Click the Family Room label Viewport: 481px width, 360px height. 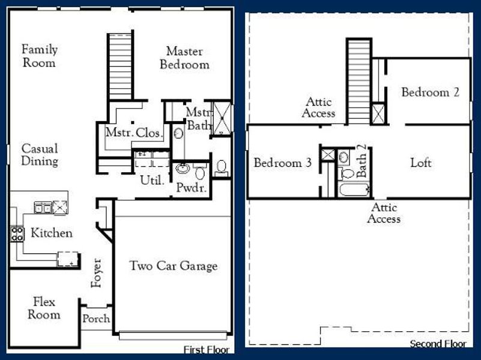[39, 56]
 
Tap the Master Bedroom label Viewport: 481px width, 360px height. [184, 58]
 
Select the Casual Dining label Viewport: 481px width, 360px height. [40, 154]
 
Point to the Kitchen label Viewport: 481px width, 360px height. [52, 233]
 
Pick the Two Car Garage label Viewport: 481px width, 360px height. [174, 266]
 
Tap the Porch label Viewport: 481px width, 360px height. [96, 319]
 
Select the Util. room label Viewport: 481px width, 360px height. [152, 179]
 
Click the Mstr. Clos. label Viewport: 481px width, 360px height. [133, 133]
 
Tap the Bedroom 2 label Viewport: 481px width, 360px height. [431, 92]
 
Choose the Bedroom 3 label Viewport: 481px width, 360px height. [282, 163]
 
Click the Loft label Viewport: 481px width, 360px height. [421, 163]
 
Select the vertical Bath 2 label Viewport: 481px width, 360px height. [362, 161]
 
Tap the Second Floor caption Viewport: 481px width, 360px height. [438, 344]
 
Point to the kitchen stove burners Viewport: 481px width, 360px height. [17, 233]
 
